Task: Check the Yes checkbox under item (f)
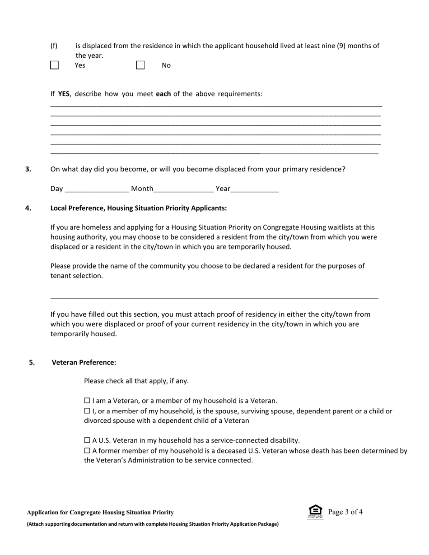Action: pyautogui.click(x=54, y=65)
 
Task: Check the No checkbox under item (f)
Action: pyautogui.click(x=140, y=65)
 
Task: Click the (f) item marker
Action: pyautogui.click(x=54, y=46)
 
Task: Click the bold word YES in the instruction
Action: pyautogui.click(x=64, y=94)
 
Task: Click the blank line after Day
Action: pyautogui.click(x=97, y=189)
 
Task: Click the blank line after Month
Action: pyautogui.click(x=184, y=189)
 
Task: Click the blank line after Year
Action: pyautogui.click(x=255, y=189)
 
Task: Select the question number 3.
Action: pyautogui.click(x=28, y=169)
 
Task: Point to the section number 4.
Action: pyautogui.click(x=28, y=208)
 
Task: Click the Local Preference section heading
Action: pyautogui.click(x=139, y=208)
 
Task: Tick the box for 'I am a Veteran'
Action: pyautogui.click(x=87, y=401)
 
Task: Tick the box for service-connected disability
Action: pyautogui.click(x=87, y=440)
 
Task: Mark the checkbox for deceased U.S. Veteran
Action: pyautogui.click(x=87, y=451)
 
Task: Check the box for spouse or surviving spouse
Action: pyautogui.click(x=87, y=412)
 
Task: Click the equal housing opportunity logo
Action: pyautogui.click(x=315, y=512)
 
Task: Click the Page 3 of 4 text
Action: pyautogui.click(x=345, y=512)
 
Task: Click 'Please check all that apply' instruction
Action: pyautogui.click(x=136, y=381)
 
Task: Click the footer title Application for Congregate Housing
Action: pyautogui.click(x=100, y=513)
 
